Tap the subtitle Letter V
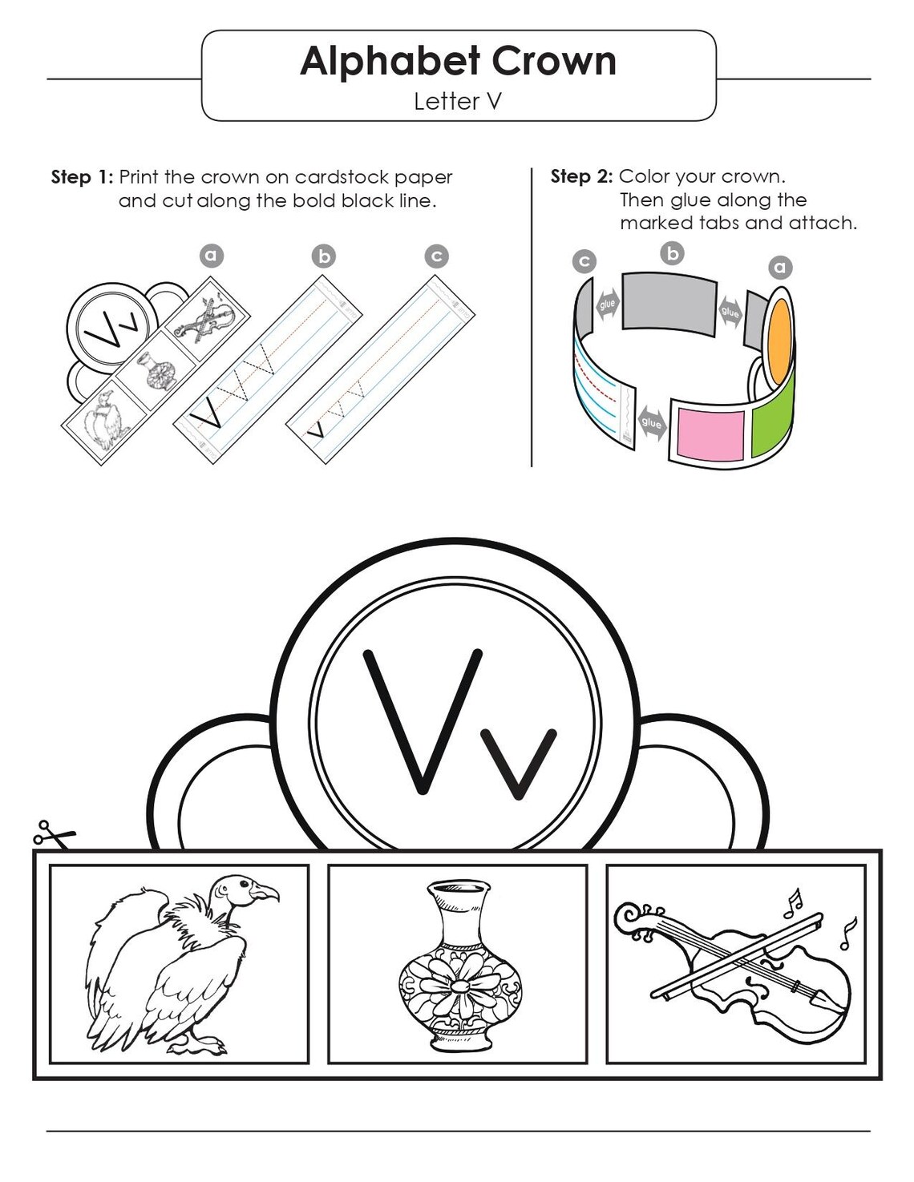click(x=457, y=101)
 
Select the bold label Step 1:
click(x=82, y=177)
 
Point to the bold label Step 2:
click(x=581, y=176)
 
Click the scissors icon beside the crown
click(x=53, y=834)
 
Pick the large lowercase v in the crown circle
click(x=519, y=764)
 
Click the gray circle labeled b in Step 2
click(x=673, y=253)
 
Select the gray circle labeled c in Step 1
click(x=436, y=256)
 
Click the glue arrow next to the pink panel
click(x=651, y=422)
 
